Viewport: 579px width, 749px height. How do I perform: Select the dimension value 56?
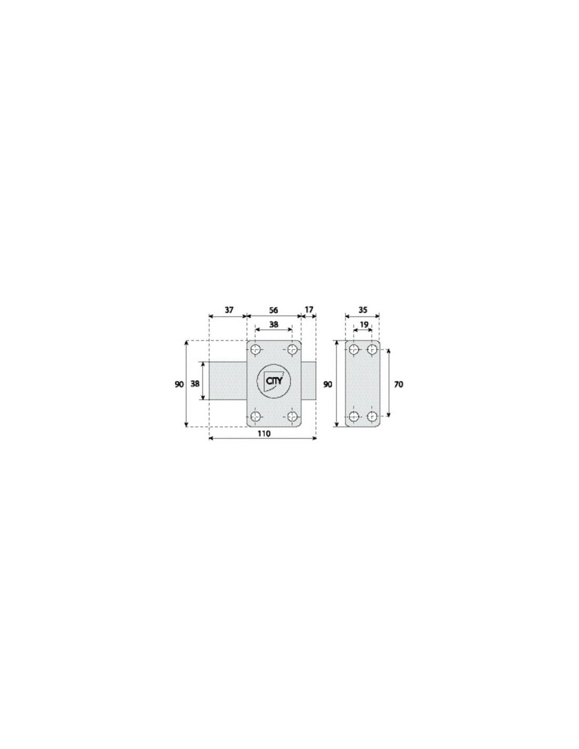[273, 310]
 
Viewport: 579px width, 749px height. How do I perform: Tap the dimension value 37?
[229, 310]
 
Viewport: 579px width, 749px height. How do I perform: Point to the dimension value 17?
[309, 310]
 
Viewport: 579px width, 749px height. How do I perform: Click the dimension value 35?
[363, 310]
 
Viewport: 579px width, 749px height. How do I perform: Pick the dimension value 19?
[364, 324]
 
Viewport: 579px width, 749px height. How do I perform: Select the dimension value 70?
[398, 385]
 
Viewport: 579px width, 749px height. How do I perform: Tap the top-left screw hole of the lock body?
[255, 350]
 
